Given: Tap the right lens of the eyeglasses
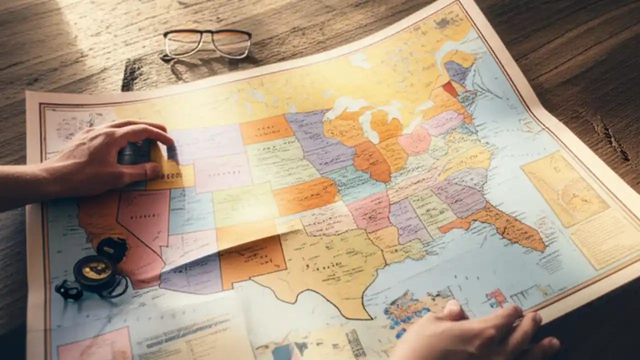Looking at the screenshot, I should [x=231, y=44].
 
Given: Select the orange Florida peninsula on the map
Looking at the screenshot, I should [x=505, y=225].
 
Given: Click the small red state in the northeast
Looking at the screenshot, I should [x=450, y=89].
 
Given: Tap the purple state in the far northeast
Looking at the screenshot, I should [x=456, y=72].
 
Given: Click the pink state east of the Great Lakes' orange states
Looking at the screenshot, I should [x=414, y=140].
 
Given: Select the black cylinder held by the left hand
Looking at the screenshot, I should [x=134, y=152].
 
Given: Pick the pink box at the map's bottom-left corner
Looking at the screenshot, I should [x=95, y=345].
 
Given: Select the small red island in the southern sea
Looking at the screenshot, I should [x=497, y=297].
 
